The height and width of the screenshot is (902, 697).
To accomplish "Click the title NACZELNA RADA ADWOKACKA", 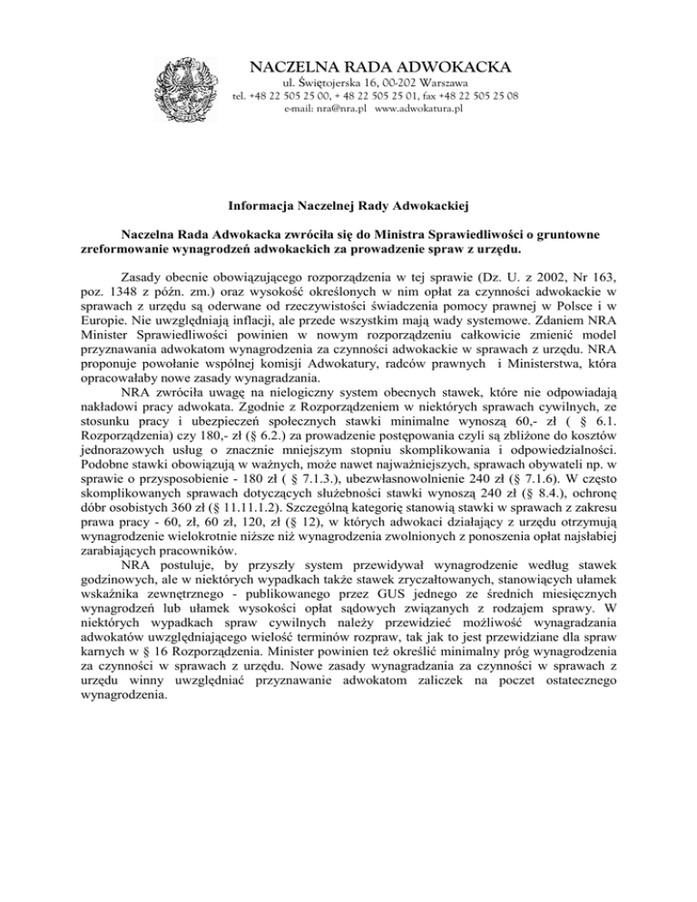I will (x=380, y=66).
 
